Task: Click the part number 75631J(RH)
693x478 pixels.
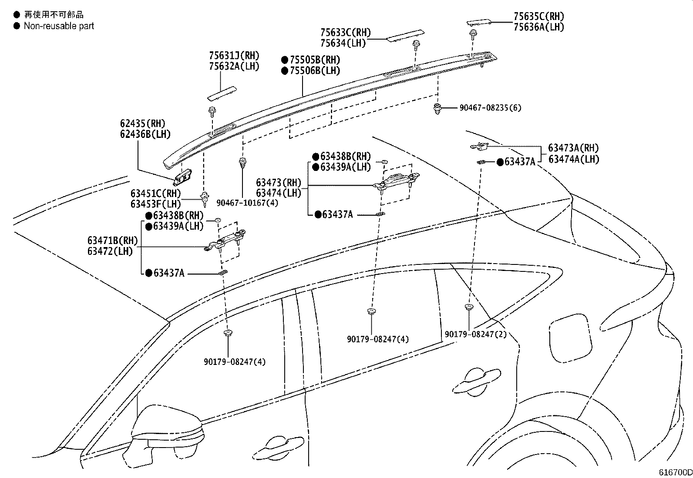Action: click(234, 56)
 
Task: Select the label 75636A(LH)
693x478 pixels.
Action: click(538, 27)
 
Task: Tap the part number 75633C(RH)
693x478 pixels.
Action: click(345, 33)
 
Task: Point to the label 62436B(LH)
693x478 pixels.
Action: click(145, 134)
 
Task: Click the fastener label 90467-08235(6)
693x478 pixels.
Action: click(490, 107)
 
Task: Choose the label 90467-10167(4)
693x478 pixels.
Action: click(247, 203)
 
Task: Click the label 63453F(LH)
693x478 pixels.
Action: click(155, 204)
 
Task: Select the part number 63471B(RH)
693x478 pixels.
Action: click(112, 241)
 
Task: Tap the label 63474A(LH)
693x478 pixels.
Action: click(573, 159)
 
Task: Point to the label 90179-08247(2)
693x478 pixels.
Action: click(475, 334)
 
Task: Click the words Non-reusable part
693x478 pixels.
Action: click(59, 26)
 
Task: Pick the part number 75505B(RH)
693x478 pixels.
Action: click(314, 60)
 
